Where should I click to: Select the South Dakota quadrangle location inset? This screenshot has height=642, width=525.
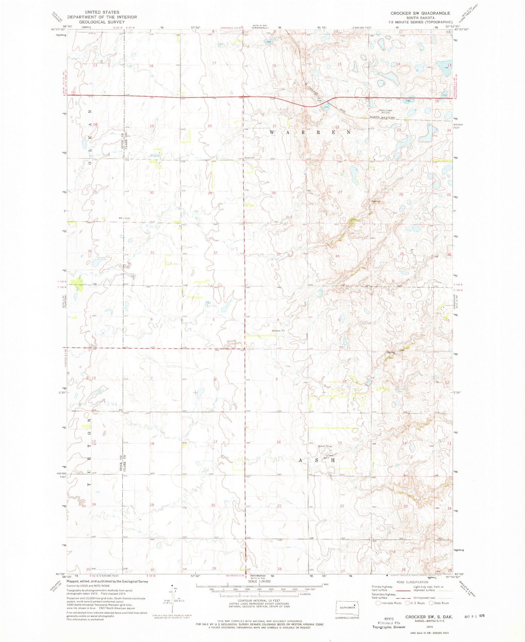pos(347,607)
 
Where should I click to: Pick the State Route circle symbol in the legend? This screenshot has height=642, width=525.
pos(431,603)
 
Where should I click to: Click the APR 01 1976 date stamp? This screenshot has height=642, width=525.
pos(474,616)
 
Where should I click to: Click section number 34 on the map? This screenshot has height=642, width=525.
pos(338,256)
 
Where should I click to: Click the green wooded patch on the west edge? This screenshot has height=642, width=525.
pos(77,284)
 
